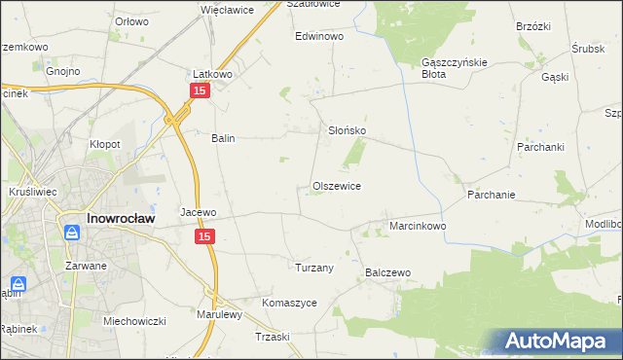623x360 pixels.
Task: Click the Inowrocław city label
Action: [117, 218]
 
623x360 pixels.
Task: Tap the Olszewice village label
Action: [337, 185]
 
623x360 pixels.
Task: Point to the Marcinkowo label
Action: [418, 226]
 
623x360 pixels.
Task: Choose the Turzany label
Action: [314, 267]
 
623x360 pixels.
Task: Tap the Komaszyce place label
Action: [289, 303]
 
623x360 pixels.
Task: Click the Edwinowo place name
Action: [320, 36]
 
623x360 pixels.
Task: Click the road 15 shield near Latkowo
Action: [199, 90]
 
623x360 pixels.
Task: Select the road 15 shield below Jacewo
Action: [204, 236]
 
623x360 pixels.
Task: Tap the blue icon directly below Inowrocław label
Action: [71, 234]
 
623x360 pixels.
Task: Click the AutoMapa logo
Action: [563, 341]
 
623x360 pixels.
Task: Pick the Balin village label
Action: [224, 138]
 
